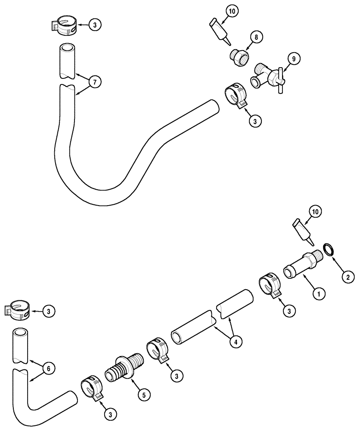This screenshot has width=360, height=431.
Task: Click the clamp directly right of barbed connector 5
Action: coord(158,350)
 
